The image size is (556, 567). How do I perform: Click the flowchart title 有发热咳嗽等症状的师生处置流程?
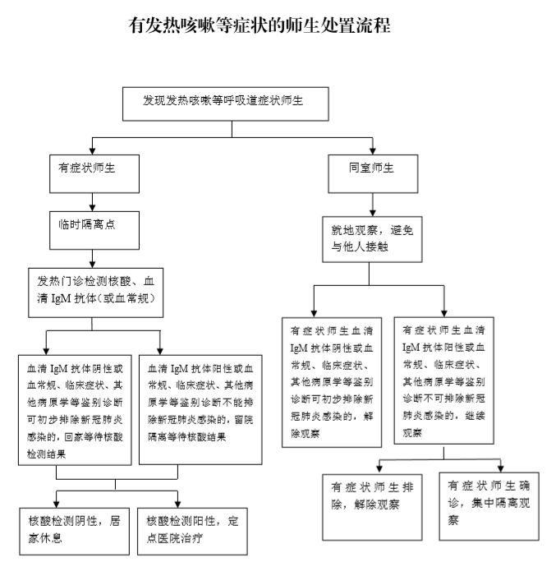[x=260, y=25]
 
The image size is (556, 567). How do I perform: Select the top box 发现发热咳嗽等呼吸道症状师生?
[x=226, y=104]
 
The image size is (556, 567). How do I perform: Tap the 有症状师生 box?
[x=94, y=174]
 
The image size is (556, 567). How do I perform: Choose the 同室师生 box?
[x=373, y=174]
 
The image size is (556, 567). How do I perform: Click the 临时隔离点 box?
[x=94, y=230]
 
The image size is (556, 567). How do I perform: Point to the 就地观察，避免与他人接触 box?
[x=372, y=239]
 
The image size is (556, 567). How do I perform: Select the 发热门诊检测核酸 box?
[x=96, y=293]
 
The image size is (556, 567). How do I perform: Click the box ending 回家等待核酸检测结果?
[x=75, y=410]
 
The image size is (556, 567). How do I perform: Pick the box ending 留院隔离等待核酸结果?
[x=200, y=410]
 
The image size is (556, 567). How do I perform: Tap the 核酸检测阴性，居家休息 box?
[x=75, y=531]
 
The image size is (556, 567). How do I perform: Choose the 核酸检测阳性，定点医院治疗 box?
[x=192, y=531]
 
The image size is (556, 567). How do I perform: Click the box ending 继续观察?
[x=444, y=380]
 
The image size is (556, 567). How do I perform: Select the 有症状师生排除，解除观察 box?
[x=372, y=507]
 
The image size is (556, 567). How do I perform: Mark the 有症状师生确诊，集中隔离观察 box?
[x=489, y=506]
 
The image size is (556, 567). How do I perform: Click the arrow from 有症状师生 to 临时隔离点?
[x=93, y=202]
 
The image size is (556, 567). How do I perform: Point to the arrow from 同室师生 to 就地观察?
[x=373, y=205]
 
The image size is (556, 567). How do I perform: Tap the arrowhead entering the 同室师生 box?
[x=373, y=151]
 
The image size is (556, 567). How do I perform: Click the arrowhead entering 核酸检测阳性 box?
[x=177, y=504]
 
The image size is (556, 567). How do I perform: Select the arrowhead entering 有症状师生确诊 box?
[x=501, y=468]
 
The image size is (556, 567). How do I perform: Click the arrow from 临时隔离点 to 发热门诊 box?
[x=93, y=259]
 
